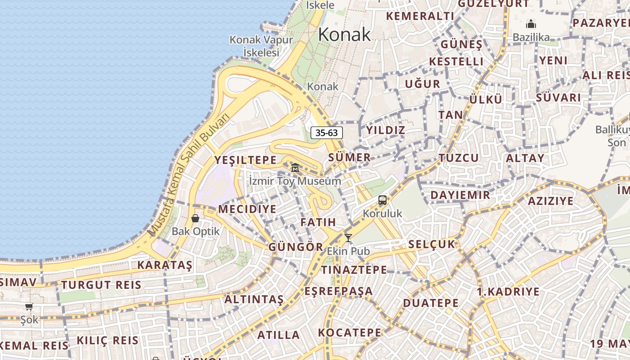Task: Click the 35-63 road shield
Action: pyautogui.click(x=327, y=133)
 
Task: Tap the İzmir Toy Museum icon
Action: pyautogui.click(x=295, y=168)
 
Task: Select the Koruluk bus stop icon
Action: pyautogui.click(x=382, y=200)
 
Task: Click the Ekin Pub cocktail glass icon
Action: pyautogui.click(x=348, y=238)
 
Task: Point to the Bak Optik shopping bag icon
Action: pyautogui.click(x=195, y=218)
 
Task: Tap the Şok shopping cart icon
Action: pyautogui.click(x=29, y=307)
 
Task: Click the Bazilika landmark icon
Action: pyautogui.click(x=531, y=24)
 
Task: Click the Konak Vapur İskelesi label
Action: pyautogui.click(x=261, y=46)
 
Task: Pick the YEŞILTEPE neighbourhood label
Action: pyautogui.click(x=245, y=160)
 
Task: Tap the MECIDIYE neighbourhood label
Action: pyautogui.click(x=247, y=209)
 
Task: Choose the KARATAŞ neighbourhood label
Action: pyautogui.click(x=165, y=265)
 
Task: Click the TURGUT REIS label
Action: pyautogui.click(x=101, y=285)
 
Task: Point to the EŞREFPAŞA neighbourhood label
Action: pyautogui.click(x=338, y=291)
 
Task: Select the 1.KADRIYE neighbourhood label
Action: pyautogui.click(x=508, y=292)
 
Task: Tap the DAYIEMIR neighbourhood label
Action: pyautogui.click(x=460, y=195)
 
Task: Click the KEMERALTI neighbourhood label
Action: pyautogui.click(x=420, y=16)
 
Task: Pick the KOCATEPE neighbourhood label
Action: pyautogui.click(x=350, y=333)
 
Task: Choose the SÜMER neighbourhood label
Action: pyautogui.click(x=349, y=157)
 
